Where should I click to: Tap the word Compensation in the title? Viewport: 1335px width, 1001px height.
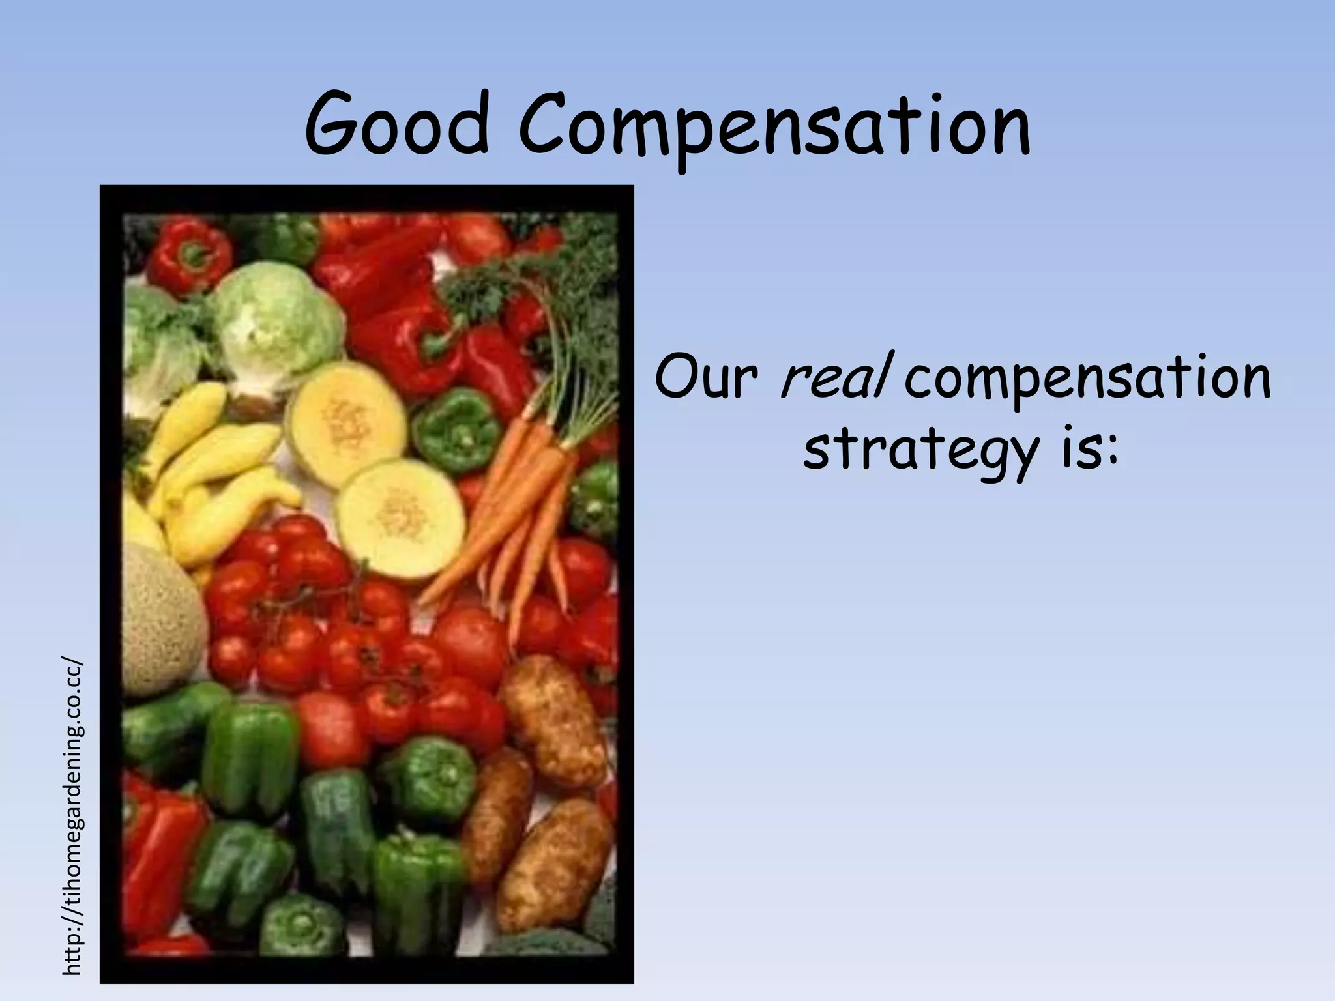(x=774, y=128)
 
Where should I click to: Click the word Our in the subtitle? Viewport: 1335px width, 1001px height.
(x=707, y=378)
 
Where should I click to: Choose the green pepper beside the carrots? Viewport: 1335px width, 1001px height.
(x=456, y=430)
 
